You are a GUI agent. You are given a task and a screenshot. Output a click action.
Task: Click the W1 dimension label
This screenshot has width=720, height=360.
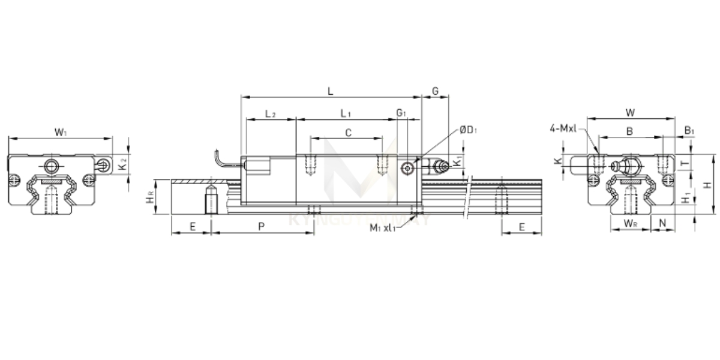(x=61, y=131)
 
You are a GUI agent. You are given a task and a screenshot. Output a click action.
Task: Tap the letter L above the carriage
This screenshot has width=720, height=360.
(x=330, y=91)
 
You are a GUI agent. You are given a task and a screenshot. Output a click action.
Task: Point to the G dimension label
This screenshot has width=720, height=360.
(x=436, y=91)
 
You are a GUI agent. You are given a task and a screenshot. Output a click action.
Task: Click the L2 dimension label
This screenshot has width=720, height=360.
(x=271, y=113)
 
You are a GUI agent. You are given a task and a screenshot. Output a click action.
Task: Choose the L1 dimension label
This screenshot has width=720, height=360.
(x=346, y=113)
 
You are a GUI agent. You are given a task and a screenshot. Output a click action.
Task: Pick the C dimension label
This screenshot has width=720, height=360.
(x=348, y=133)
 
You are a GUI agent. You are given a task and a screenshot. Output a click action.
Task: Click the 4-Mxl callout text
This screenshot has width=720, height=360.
(x=563, y=127)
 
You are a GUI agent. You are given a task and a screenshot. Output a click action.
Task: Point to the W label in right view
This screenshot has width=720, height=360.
(x=630, y=112)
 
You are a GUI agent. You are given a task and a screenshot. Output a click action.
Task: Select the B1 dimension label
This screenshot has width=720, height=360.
(x=689, y=130)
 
